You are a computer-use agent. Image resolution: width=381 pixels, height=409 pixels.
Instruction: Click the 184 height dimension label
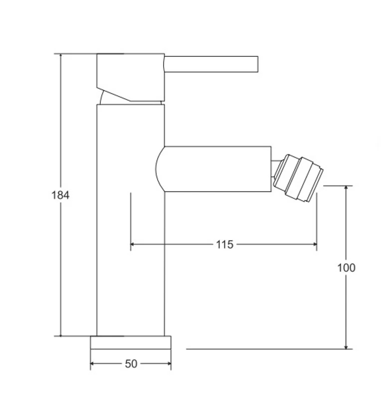[60, 195]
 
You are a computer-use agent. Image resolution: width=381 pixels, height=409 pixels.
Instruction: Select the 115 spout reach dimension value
[224, 245]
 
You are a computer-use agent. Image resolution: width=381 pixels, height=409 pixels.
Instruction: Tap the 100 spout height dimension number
[346, 268]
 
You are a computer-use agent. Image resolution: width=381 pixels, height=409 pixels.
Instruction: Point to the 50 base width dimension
[131, 364]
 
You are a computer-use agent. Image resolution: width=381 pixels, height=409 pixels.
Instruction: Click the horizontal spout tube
[217, 169]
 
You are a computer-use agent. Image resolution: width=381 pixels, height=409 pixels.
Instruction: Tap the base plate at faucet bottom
[131, 343]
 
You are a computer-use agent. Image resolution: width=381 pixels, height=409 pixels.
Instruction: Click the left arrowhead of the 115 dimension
[133, 244]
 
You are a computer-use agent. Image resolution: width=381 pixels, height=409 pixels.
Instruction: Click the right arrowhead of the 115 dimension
[314, 244]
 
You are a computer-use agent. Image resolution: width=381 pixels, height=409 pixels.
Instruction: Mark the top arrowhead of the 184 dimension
[61, 56]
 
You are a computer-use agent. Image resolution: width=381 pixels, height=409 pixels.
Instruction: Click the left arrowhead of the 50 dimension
[93, 364]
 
